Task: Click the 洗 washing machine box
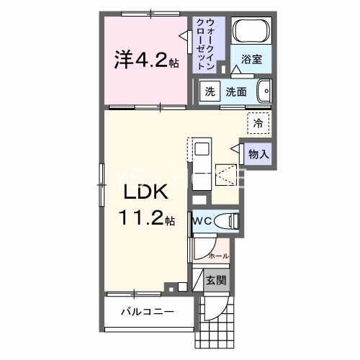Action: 209,91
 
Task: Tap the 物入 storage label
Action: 259,153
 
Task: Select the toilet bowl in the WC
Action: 228,222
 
